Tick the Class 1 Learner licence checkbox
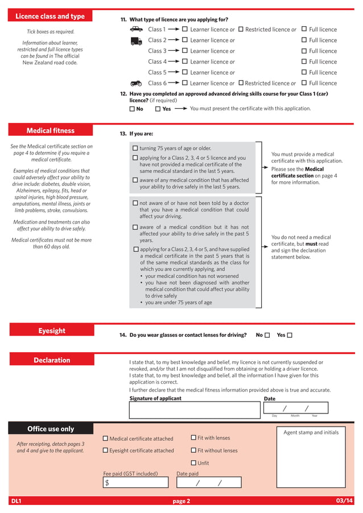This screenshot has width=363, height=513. [x=184, y=29]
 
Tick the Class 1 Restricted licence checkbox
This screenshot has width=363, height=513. [x=241, y=29]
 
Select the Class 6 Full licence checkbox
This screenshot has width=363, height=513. [x=304, y=83]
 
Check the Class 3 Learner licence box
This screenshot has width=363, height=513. [x=184, y=51]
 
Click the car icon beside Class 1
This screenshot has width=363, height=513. [x=137, y=29]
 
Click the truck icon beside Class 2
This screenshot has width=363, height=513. [x=137, y=40]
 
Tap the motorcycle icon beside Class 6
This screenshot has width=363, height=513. [x=137, y=83]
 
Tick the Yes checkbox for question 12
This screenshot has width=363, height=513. [x=158, y=109]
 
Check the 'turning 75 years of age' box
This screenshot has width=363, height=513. [x=135, y=148]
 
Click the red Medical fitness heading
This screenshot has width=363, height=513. [x=51, y=131]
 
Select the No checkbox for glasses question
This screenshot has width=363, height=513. [x=267, y=335]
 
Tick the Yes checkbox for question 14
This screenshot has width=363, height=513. [x=290, y=335]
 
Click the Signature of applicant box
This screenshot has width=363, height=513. [x=194, y=410]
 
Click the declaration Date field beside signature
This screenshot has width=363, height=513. [x=296, y=408]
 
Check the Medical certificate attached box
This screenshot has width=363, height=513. [x=105, y=438]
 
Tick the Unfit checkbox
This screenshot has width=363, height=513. [x=193, y=463]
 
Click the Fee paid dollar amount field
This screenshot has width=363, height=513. [x=136, y=483]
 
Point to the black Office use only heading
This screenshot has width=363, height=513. [x=51, y=429]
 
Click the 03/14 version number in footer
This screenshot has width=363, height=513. [x=344, y=501]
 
